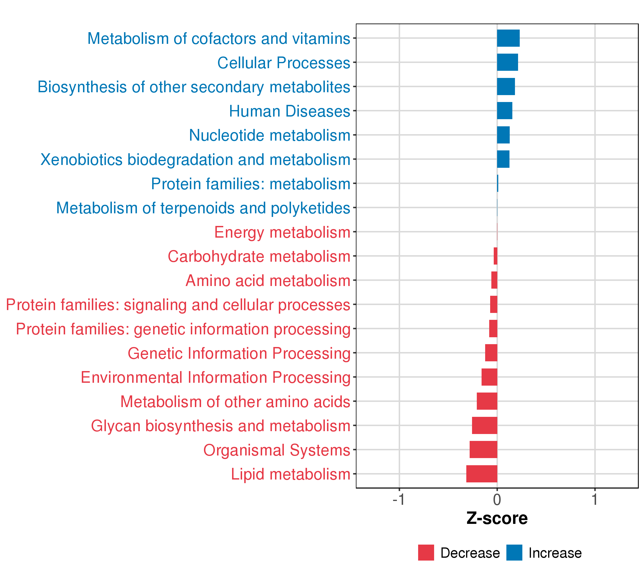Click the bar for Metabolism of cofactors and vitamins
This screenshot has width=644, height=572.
tap(508, 38)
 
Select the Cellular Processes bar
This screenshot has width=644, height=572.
tap(507, 62)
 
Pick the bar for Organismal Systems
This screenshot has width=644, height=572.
tap(483, 449)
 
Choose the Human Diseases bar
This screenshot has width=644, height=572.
tap(504, 111)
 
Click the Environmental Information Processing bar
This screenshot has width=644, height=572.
tap(489, 377)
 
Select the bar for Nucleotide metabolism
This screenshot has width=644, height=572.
tap(503, 135)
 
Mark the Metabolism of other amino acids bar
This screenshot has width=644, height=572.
tap(487, 401)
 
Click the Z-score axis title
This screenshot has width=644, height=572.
tap(497, 518)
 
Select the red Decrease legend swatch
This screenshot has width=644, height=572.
tap(426, 553)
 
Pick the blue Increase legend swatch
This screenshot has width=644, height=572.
tap(514, 553)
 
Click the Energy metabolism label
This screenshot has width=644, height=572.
tap(282, 233)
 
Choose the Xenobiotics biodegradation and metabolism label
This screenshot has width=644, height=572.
tap(195, 160)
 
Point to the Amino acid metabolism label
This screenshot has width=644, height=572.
tap(268, 281)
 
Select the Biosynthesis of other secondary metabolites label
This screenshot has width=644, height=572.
tap(194, 87)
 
